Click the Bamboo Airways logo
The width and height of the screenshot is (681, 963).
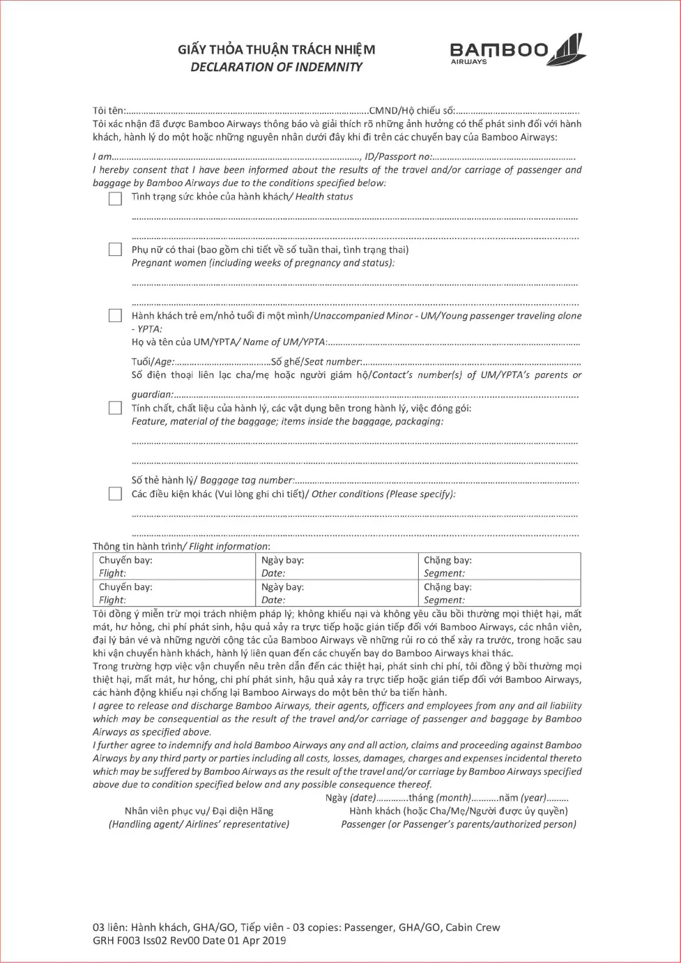point(517,50)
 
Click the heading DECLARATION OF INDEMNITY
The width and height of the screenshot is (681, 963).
point(276,67)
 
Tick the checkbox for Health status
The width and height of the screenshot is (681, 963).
point(115,199)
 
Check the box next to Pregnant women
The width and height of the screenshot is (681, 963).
point(115,250)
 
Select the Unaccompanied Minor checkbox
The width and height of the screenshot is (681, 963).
point(115,316)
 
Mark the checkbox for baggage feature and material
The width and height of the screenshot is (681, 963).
point(115,408)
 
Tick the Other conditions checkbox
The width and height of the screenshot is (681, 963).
point(115,494)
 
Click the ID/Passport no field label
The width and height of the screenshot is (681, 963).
point(398,157)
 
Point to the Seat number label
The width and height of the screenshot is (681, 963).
point(316,361)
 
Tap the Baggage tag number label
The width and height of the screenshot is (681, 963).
point(213,480)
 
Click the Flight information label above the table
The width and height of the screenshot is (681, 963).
point(181,547)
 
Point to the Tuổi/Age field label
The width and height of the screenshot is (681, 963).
point(153,361)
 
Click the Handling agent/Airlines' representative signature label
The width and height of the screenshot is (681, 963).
point(199,824)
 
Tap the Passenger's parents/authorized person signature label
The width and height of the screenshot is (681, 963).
point(459,824)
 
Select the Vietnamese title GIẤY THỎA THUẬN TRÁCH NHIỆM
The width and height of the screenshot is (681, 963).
point(276,50)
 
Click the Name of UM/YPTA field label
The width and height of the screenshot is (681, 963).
point(229,342)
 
